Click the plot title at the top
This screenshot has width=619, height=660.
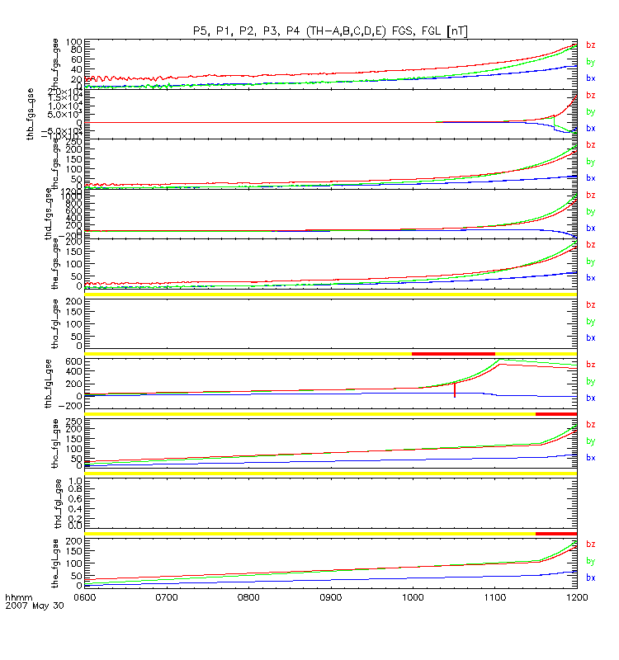[x=330, y=31]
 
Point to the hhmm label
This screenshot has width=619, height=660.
[x=17, y=596]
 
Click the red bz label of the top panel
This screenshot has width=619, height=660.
[x=590, y=45]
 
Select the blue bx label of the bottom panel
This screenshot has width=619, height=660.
[x=590, y=577]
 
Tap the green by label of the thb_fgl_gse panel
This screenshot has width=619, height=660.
[x=590, y=381]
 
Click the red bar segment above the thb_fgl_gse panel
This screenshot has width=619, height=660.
[x=453, y=354]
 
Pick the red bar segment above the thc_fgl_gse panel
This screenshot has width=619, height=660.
[x=556, y=413]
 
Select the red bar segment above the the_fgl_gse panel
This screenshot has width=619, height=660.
[x=556, y=533]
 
